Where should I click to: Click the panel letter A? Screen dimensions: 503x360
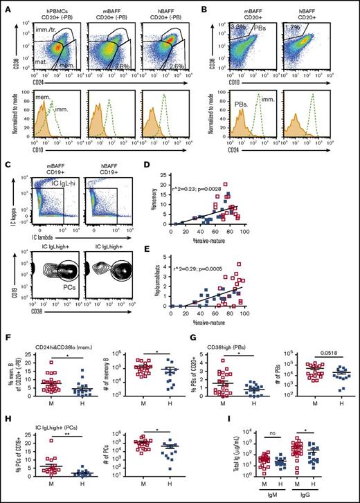pyautogui.click(x=6, y=7)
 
